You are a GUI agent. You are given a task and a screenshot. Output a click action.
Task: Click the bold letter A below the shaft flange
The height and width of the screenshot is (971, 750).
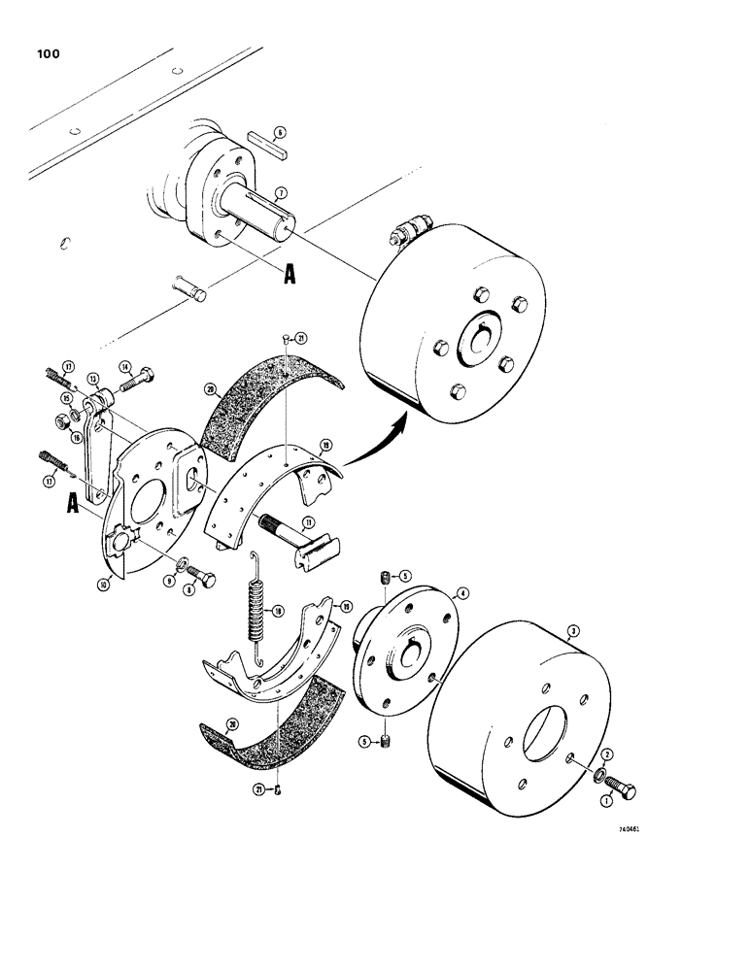pyautogui.click(x=288, y=276)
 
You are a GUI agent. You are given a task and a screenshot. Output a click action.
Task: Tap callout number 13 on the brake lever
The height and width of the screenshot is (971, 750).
pyautogui.click(x=94, y=378)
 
